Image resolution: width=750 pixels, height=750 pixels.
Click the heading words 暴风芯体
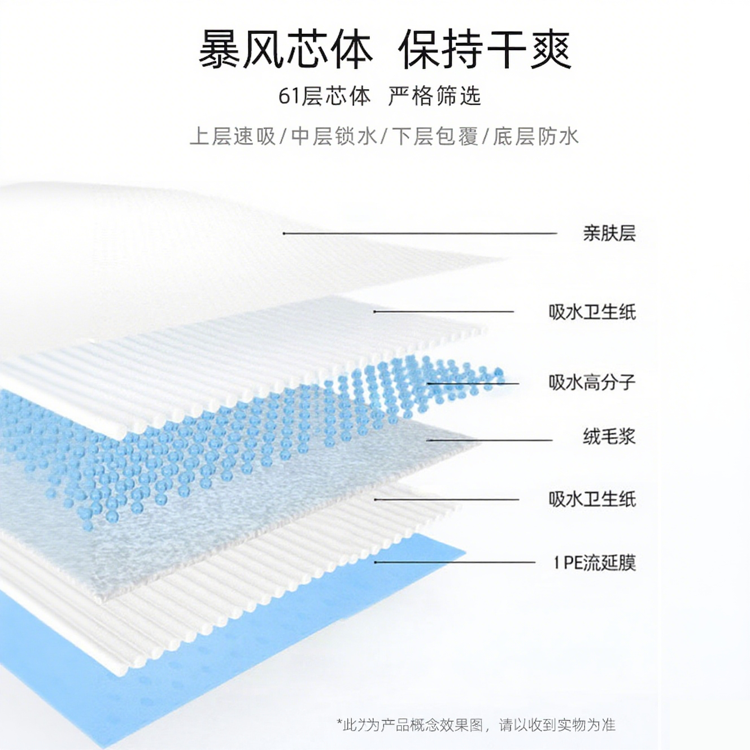point(285,50)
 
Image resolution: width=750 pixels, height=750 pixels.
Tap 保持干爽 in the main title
point(485,50)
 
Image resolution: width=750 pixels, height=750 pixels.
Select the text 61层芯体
point(324,96)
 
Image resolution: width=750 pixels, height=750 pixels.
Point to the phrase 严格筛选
point(434,96)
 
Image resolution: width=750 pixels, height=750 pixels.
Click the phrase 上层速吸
point(233,137)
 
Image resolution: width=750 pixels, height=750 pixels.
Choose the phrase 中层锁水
point(334,137)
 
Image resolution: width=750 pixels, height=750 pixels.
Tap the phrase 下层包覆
point(435,137)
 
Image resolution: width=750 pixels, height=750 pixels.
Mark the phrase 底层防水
point(535,137)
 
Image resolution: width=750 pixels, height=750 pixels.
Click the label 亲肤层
point(609,233)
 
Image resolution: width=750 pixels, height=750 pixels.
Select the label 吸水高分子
point(591,382)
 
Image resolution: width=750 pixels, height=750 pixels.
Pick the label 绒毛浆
point(609,437)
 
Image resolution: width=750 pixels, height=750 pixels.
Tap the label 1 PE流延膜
point(594,562)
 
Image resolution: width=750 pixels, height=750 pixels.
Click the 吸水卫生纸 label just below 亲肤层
point(591,312)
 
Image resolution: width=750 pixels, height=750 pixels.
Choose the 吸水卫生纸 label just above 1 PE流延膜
point(591,499)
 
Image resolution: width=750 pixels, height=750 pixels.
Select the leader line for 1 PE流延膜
point(454,562)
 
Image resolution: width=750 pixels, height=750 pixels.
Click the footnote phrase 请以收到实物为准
point(557,725)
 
